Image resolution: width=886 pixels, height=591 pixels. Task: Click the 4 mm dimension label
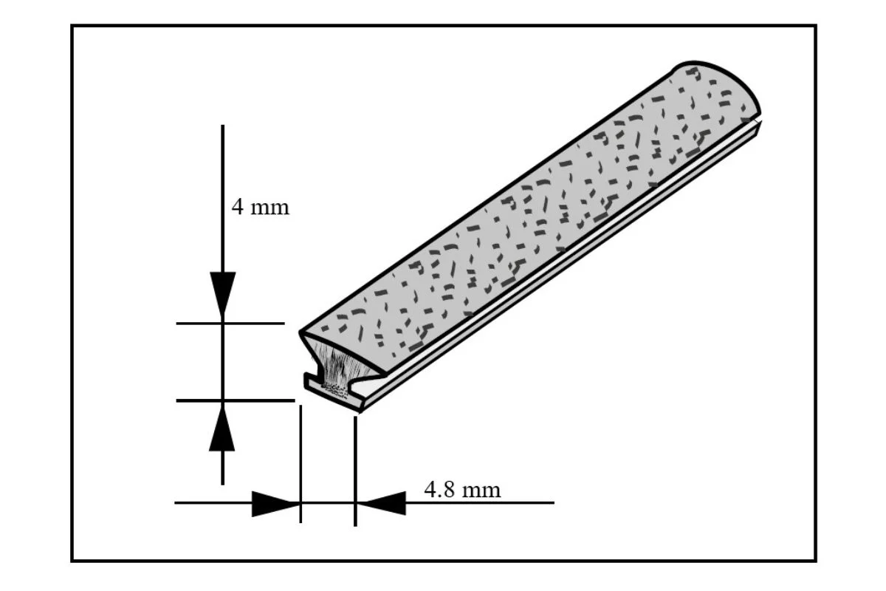(x=260, y=207)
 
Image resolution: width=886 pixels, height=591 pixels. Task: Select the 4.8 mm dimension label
(x=461, y=489)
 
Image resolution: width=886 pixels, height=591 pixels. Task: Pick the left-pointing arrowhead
(x=382, y=503)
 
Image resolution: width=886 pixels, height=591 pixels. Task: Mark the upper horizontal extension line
(x=230, y=323)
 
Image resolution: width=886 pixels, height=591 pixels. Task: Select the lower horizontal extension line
(x=235, y=400)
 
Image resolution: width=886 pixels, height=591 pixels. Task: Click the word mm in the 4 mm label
(x=270, y=208)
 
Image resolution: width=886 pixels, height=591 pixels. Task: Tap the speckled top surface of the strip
(x=517, y=207)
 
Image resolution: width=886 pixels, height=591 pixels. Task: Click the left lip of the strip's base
(x=312, y=382)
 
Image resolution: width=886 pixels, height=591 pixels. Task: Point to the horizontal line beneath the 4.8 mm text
(x=480, y=503)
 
